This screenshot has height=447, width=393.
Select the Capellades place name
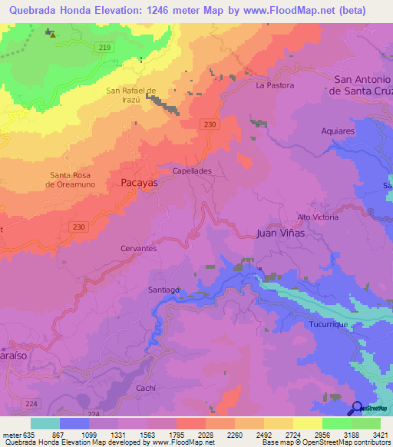tap(191, 171)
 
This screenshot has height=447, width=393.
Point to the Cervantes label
tap(139, 249)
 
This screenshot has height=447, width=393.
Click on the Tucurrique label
tap(329, 325)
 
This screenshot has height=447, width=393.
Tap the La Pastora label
tap(275, 85)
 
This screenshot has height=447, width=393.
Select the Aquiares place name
tap(339, 131)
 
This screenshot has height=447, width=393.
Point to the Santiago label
tap(163, 290)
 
